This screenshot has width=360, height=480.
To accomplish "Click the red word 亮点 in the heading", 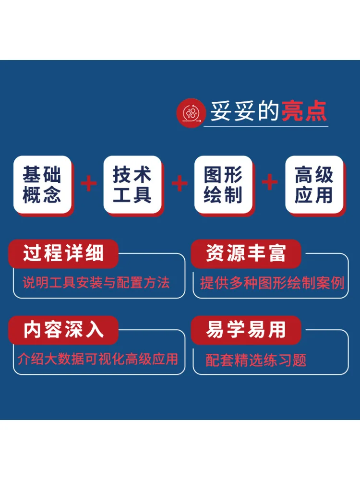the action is [x=304, y=111].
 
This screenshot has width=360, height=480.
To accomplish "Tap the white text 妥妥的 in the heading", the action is [x=244, y=111].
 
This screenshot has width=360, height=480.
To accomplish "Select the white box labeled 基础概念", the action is [x=42, y=184].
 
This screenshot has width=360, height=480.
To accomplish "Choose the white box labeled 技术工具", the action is [x=132, y=184].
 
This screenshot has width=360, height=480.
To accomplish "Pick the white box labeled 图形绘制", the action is [x=223, y=184].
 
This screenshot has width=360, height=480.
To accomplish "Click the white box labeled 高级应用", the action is [x=314, y=184].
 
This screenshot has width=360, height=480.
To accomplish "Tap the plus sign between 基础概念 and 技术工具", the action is [x=89, y=183].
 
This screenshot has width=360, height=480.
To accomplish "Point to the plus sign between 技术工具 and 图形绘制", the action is [x=180, y=183].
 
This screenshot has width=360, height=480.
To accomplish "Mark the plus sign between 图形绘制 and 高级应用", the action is [x=270, y=182].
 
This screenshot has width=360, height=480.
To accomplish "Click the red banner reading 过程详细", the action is [x=63, y=253].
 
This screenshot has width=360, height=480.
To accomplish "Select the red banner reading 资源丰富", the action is [x=246, y=253].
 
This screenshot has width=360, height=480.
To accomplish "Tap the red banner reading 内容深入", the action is [x=63, y=330].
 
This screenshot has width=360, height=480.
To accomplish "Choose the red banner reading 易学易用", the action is [x=246, y=330].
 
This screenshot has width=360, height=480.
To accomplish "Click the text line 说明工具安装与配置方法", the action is [x=96, y=282].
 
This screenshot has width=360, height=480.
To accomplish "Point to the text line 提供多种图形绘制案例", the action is [x=272, y=283].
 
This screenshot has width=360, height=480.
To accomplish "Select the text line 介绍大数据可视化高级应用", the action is [x=97, y=359].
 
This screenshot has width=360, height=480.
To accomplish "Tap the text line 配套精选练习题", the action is [x=256, y=360].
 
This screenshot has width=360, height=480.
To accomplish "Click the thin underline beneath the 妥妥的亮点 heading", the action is [x=266, y=126].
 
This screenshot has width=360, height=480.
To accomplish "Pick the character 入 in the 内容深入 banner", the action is [x=95, y=330].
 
